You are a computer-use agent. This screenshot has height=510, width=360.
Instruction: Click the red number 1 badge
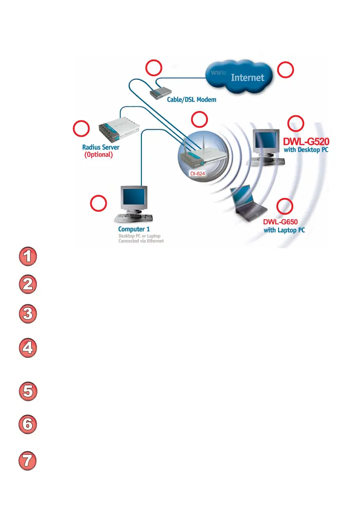point(27,257)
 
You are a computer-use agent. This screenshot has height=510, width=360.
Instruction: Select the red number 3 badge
point(27,314)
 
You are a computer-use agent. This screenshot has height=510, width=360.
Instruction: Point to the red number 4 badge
point(27,348)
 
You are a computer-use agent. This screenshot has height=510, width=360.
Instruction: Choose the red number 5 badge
point(27,392)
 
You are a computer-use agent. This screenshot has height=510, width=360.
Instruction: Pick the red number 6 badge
point(27,425)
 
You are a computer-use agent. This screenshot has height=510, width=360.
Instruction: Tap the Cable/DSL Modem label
point(192,99)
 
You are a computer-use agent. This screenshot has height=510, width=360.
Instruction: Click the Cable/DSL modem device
point(161,90)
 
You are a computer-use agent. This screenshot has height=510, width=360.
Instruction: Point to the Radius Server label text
point(101,147)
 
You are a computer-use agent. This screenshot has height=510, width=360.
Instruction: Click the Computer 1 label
point(134,229)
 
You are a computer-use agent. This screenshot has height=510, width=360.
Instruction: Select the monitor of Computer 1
point(134,198)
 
